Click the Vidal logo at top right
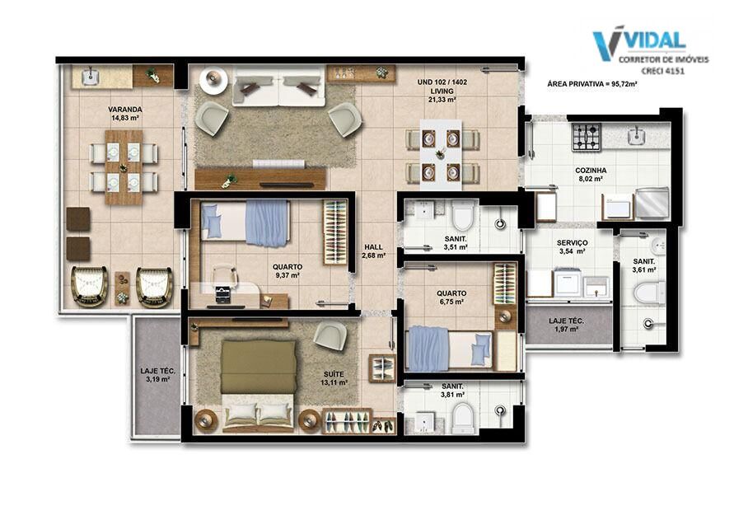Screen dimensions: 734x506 (x=651, y=50)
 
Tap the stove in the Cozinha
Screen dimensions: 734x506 (x=586, y=137)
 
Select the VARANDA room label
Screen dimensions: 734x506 (x=125, y=109)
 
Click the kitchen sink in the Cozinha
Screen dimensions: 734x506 (x=636, y=136)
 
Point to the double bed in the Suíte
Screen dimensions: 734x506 (x=259, y=384)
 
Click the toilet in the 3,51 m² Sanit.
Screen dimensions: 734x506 (x=463, y=217)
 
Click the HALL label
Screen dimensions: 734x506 (x=373, y=246)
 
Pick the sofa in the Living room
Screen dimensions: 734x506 (x=279, y=87)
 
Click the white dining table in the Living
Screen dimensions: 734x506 (x=441, y=155)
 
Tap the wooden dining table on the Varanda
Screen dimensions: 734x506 (x=124, y=167)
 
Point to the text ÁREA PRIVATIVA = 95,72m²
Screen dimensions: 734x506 (x=592, y=84)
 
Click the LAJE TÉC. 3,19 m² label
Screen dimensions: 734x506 (x=157, y=375)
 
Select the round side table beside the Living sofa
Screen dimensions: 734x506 (x=213, y=81)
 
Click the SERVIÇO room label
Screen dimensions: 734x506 (x=572, y=243)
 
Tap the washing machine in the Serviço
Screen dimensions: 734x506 (x=568, y=282)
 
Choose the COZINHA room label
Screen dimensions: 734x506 (x=591, y=171)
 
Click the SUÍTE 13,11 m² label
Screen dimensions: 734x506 (x=334, y=378)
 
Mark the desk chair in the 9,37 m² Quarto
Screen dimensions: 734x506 (x=225, y=277)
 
